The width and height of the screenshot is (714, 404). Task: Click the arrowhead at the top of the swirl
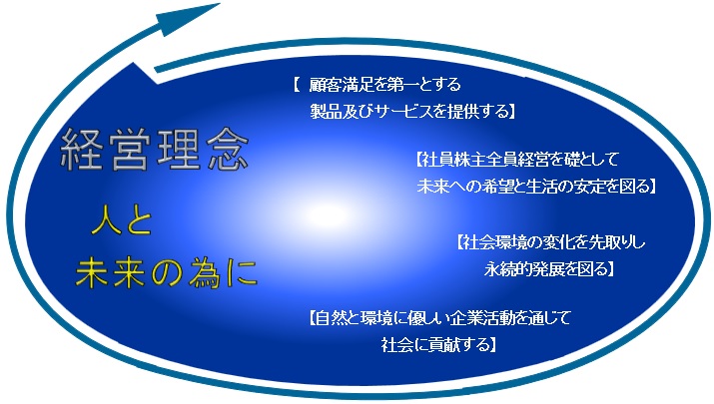click(x=191, y=18)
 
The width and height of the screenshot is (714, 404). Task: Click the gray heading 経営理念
click(x=155, y=150)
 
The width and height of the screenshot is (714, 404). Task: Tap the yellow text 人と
click(x=122, y=221)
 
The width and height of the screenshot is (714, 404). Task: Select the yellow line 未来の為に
click(x=166, y=273)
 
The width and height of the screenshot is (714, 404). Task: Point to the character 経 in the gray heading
click(x=82, y=151)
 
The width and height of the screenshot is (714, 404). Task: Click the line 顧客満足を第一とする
click(x=384, y=84)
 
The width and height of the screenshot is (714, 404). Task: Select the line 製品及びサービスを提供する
click(x=408, y=111)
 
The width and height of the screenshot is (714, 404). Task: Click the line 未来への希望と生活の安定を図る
click(x=532, y=187)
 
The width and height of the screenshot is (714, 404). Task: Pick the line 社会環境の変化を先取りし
click(x=553, y=242)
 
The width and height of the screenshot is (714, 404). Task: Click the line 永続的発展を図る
click(x=546, y=269)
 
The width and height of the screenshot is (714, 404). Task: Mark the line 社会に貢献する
click(x=435, y=344)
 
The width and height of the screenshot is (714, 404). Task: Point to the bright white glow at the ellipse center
click(x=329, y=213)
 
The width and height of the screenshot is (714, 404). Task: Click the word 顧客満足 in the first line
click(x=342, y=84)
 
